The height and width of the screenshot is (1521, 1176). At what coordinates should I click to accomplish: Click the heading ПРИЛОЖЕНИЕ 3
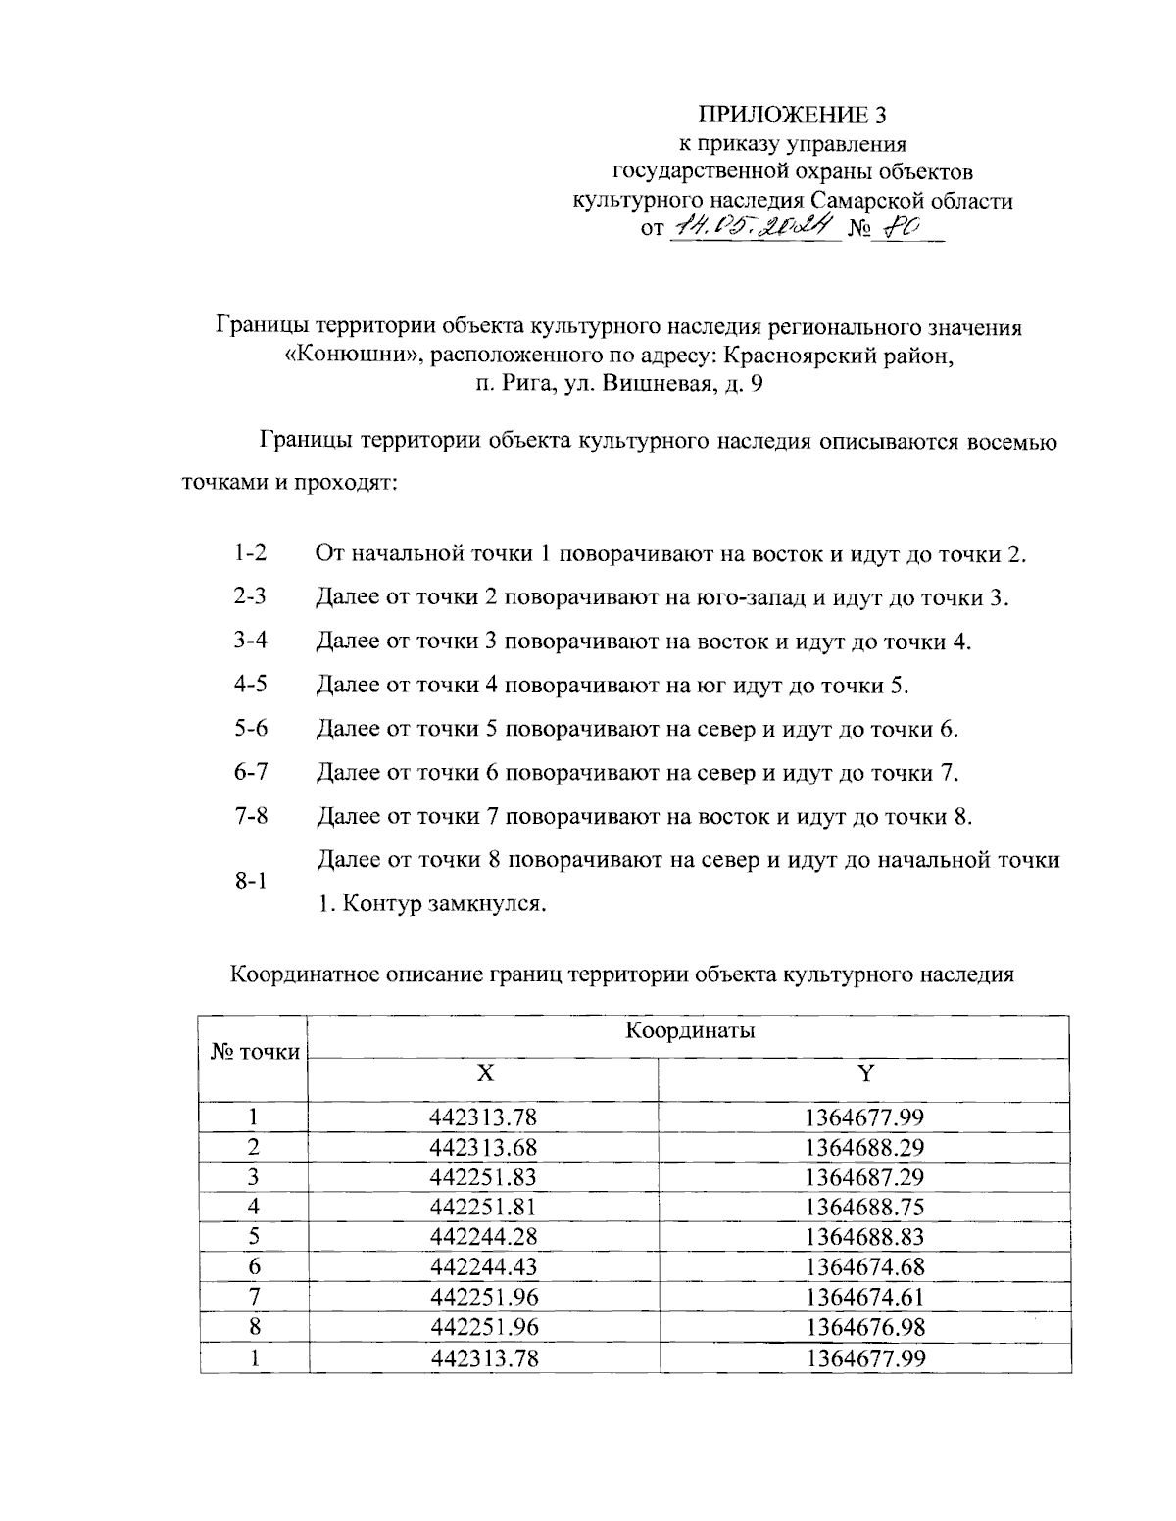click(792, 116)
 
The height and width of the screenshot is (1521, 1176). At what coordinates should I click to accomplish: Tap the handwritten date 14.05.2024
click(754, 227)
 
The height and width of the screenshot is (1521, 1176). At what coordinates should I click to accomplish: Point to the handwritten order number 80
click(897, 227)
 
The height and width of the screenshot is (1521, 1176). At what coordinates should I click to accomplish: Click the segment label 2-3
click(251, 596)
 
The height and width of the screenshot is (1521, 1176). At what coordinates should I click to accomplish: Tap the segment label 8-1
click(251, 880)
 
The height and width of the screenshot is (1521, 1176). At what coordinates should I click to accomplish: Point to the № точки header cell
click(255, 1053)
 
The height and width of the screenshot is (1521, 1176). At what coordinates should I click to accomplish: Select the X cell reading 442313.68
click(484, 1147)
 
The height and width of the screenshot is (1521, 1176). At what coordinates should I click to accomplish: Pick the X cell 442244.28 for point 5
click(484, 1237)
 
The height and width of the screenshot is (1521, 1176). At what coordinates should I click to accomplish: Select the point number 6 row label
click(254, 1267)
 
